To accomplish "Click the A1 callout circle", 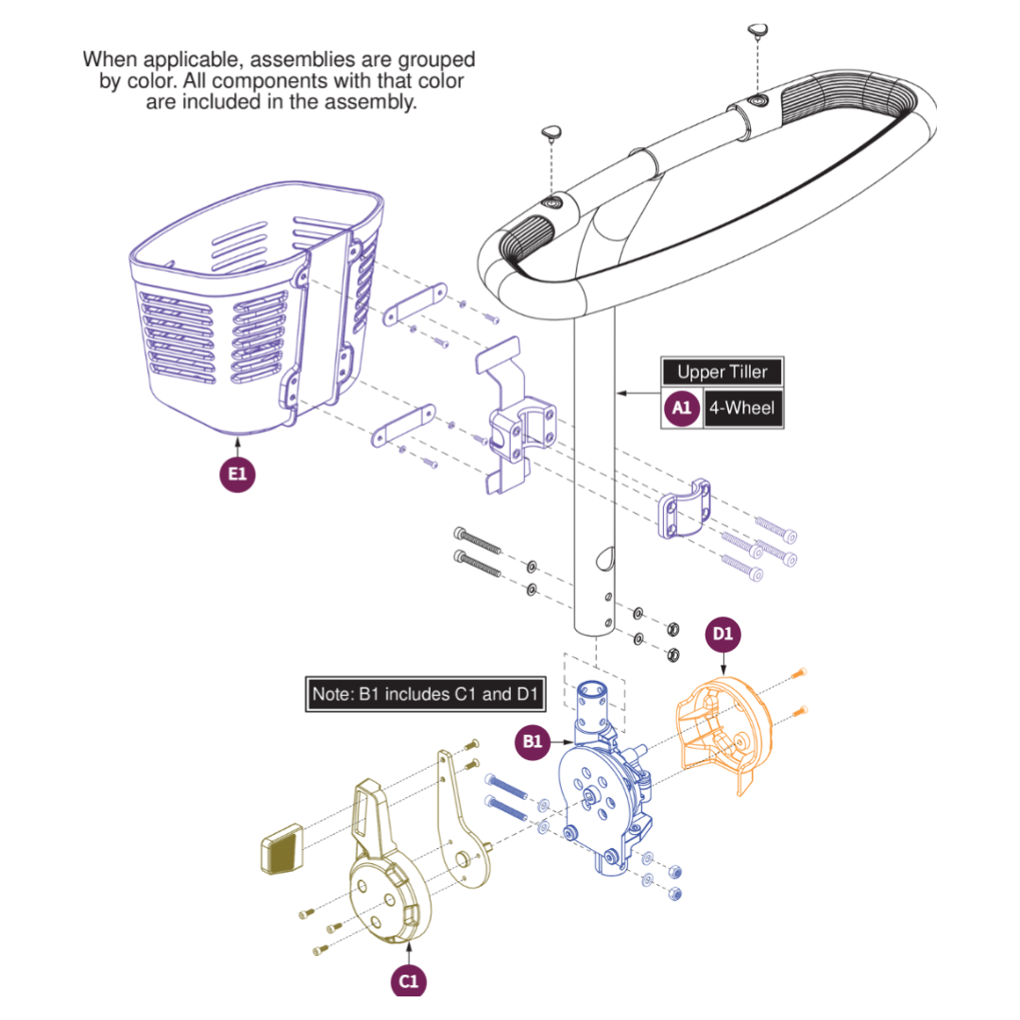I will click(682, 408).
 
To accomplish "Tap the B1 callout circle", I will click(533, 742).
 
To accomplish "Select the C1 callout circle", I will click(407, 980).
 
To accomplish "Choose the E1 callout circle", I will click(237, 474).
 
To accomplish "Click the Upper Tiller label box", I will click(722, 372).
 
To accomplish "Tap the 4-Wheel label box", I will click(742, 408).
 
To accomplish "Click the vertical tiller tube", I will click(595, 472).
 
